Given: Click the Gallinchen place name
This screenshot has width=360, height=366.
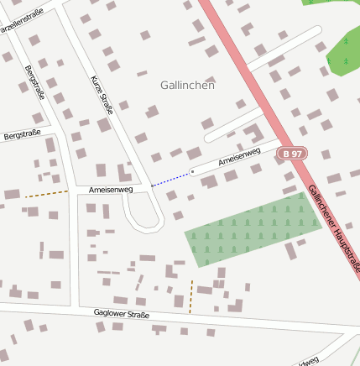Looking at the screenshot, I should [x=187, y=85].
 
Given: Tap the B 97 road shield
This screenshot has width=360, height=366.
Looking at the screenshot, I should [x=292, y=154].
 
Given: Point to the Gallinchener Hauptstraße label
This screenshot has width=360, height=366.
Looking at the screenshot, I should [x=334, y=226].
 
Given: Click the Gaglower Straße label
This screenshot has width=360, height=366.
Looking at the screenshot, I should [x=122, y=314].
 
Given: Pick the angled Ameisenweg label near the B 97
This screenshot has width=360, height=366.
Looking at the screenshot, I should [x=239, y=157].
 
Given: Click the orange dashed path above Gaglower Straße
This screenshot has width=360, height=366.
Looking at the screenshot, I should [x=191, y=296].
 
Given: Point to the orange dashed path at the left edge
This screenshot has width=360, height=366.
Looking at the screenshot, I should [x=46, y=194].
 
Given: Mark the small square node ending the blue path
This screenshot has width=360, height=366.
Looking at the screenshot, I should [x=192, y=171].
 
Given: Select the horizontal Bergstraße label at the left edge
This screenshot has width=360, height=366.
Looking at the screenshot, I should [x=22, y=134].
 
